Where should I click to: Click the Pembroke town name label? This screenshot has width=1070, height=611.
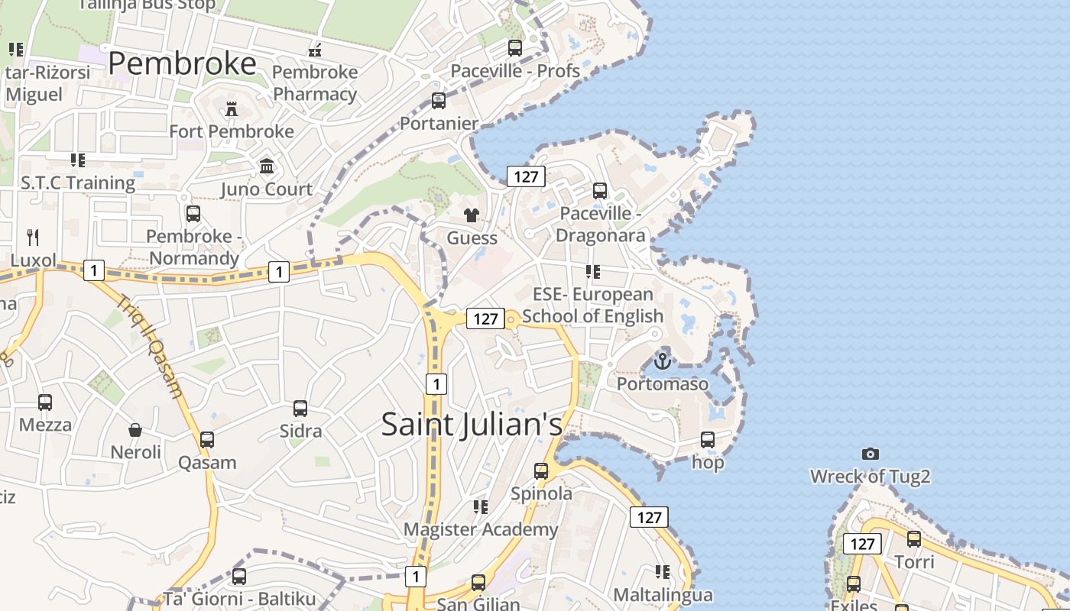point(182,64)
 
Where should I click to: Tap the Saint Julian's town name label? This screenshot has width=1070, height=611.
point(472,425)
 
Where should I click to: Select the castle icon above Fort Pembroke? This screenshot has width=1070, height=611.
point(232,109)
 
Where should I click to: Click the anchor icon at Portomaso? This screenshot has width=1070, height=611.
point(663,360)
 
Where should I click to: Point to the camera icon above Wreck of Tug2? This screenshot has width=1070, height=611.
point(870,454)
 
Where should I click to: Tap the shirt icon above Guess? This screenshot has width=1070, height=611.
point(472,215)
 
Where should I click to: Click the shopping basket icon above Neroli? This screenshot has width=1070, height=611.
point(135,430)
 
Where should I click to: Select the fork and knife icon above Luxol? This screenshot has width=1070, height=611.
point(32,237)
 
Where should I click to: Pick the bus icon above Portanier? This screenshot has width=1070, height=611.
point(439,101)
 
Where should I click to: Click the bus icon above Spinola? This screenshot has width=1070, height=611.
point(541,471)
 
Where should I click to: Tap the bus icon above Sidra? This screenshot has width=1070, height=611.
point(300,409)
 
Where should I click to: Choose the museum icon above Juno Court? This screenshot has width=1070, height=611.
point(267,166)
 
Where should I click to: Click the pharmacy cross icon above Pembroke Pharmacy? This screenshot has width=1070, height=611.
point(314,50)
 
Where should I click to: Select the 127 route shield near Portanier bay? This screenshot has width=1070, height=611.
point(526,177)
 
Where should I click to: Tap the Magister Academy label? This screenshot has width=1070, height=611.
point(481,529)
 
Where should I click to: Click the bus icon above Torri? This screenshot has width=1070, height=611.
point(914,539)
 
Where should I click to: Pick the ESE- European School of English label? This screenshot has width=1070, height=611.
point(593,305)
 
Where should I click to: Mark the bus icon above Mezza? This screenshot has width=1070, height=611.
point(45,402)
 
